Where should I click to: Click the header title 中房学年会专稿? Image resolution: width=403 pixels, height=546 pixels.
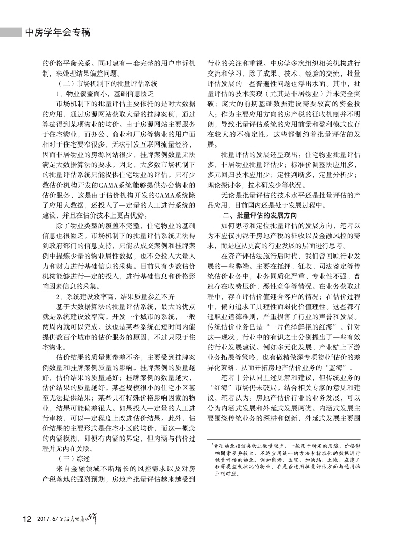tap(57, 32)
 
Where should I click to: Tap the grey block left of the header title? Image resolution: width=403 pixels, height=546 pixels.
tap(11, 32)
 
